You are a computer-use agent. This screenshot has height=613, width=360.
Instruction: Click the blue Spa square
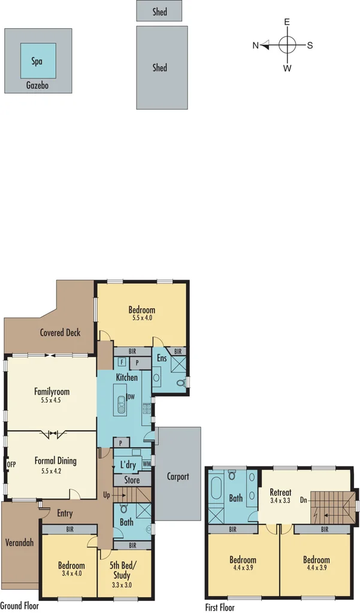coord(38,60)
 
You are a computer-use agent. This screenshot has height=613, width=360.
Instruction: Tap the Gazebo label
coord(37,86)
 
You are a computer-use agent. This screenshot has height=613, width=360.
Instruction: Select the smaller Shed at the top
coord(159,11)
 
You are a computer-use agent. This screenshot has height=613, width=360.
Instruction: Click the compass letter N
coord(255,45)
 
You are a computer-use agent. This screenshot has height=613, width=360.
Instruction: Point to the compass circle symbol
coord(288,45)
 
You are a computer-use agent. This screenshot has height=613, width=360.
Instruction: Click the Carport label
coord(178,477)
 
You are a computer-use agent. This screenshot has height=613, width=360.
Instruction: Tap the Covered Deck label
coord(60,333)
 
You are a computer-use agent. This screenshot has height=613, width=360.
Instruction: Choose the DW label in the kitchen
coord(130,397)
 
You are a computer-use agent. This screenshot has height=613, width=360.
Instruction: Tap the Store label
coord(131,480)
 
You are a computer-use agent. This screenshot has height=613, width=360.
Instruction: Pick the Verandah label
coord(19,542)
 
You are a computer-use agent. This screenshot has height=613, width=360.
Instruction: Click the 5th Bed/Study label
coord(124,569)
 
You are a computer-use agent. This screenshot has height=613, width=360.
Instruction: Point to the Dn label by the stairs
coord(304,499)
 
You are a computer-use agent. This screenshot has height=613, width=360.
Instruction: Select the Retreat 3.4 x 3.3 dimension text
coord(280,500)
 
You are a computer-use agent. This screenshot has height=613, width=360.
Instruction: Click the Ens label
coord(161,358)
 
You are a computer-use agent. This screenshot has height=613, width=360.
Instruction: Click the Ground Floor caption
coord(20,605)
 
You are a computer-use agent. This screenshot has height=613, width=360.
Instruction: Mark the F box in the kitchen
coord(122,362)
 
